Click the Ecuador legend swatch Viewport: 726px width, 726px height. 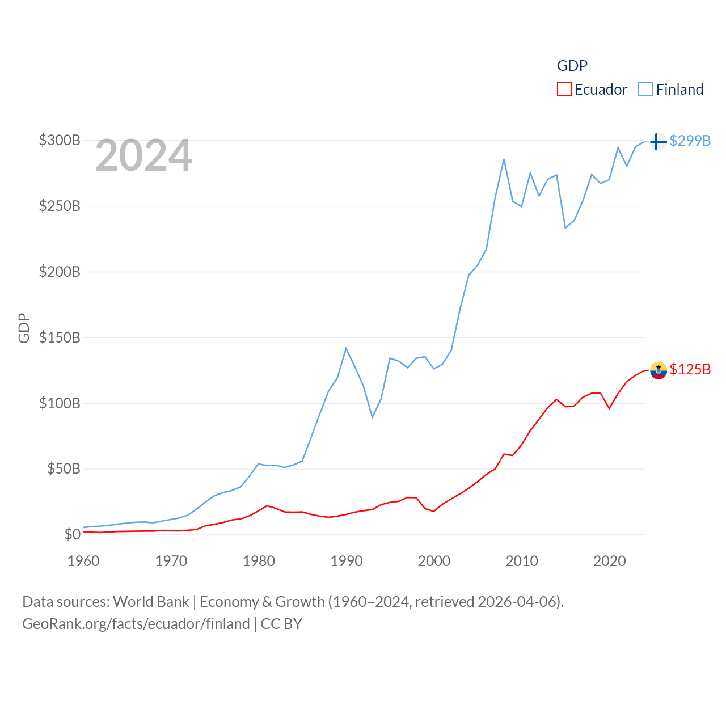point(564,90)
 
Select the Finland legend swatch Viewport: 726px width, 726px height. point(645,90)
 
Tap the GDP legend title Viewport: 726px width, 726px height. point(572,66)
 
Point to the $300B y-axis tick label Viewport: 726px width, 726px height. point(60,140)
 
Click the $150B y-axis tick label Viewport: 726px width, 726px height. point(60,337)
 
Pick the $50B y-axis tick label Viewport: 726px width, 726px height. point(64,468)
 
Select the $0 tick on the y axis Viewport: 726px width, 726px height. point(72,534)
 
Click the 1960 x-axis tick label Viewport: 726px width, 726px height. point(83,561)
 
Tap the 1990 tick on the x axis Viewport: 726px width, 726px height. point(347,561)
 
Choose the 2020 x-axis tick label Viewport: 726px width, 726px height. point(610,561)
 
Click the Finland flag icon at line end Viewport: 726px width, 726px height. point(658,141)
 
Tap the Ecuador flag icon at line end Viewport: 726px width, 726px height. point(658,370)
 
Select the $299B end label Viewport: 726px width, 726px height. point(690,141)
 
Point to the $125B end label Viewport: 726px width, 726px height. point(690,369)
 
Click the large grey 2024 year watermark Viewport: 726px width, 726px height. point(143,155)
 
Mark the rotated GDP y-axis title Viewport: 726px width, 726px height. point(24,328)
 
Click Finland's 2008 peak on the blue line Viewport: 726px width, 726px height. point(504,159)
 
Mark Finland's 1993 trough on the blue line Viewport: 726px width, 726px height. point(373,417)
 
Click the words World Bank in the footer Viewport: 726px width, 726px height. point(151,601)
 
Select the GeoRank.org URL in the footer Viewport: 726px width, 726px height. point(136,624)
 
